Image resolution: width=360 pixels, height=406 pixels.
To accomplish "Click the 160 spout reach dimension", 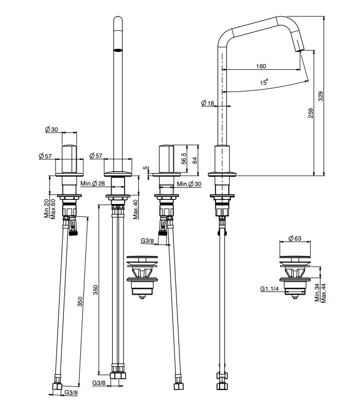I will [260, 66].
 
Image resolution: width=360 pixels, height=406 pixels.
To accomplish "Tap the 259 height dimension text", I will [311, 113].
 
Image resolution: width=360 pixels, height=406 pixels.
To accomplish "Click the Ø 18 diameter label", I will [208, 103].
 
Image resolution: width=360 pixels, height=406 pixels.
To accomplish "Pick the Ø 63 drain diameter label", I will [296, 238].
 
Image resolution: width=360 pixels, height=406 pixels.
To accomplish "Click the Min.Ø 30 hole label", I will [189, 183].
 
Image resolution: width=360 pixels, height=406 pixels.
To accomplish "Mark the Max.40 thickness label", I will [135, 208].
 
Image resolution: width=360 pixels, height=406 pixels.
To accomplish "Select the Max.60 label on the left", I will [52, 208].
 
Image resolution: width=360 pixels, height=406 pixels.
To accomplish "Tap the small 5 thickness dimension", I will [146, 168].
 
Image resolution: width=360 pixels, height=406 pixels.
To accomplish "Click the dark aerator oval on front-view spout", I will [118, 50].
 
